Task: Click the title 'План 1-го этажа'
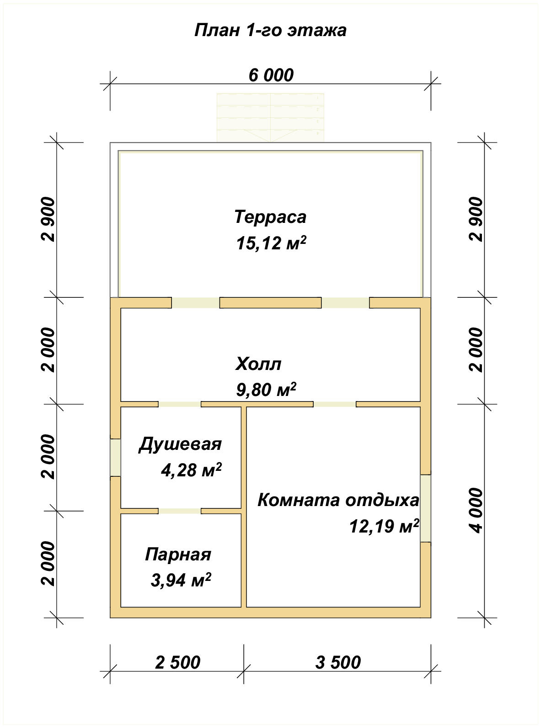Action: click(270, 30)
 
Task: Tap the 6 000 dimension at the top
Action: click(271, 75)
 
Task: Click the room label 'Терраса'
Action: click(270, 216)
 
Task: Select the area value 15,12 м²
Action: click(270, 243)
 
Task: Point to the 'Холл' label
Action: click(258, 364)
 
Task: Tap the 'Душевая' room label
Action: click(180, 444)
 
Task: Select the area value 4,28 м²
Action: click(191, 470)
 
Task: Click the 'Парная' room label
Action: click(178, 554)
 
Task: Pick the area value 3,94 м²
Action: click(181, 580)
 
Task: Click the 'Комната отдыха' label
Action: click(338, 500)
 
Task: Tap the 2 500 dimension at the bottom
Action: click(177, 662)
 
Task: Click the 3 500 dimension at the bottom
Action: click(338, 662)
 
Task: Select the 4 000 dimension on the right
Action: click(476, 510)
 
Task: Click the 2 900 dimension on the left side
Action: click(48, 219)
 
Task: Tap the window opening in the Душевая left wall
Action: click(115, 458)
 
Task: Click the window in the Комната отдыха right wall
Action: click(426, 508)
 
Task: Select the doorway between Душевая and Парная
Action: click(179, 511)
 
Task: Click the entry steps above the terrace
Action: click(270, 117)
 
